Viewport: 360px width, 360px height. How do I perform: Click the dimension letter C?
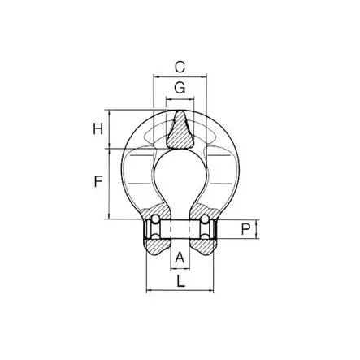[180, 67]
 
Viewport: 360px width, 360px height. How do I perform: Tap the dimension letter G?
[180, 88]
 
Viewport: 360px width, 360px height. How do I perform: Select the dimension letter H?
[98, 129]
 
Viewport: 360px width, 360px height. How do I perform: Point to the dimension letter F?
[98, 181]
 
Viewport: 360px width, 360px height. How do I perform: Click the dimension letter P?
[245, 230]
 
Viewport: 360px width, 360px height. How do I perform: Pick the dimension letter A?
[180, 258]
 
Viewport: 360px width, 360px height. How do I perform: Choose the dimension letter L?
[180, 281]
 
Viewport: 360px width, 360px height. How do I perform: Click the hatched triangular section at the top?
[180, 132]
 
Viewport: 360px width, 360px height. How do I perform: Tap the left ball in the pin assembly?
[155, 219]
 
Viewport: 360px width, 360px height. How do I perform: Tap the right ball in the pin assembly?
[205, 219]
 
